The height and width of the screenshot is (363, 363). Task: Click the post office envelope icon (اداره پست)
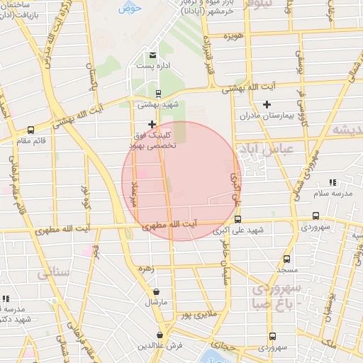152,55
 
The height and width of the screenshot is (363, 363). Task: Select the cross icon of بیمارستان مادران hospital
267,105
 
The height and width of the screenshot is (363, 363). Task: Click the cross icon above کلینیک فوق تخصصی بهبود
152,124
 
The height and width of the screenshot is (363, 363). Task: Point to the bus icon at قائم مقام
30,130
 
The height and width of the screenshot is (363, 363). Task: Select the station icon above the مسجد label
286,259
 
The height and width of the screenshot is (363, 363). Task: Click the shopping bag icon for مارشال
156,291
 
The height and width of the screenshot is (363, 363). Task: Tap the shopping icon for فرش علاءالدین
161,335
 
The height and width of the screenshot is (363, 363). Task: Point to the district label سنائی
53,271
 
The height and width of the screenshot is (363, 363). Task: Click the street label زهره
147,269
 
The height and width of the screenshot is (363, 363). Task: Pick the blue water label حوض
130,8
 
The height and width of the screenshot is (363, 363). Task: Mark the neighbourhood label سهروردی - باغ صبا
276,296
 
